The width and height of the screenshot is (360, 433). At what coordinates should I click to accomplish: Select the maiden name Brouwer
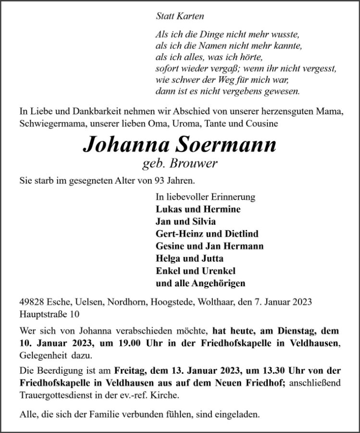198,164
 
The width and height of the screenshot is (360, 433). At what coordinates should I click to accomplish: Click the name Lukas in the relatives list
167,209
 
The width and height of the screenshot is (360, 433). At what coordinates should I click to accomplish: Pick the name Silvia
204,222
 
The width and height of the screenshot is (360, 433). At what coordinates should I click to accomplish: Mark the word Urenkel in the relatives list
216,271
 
